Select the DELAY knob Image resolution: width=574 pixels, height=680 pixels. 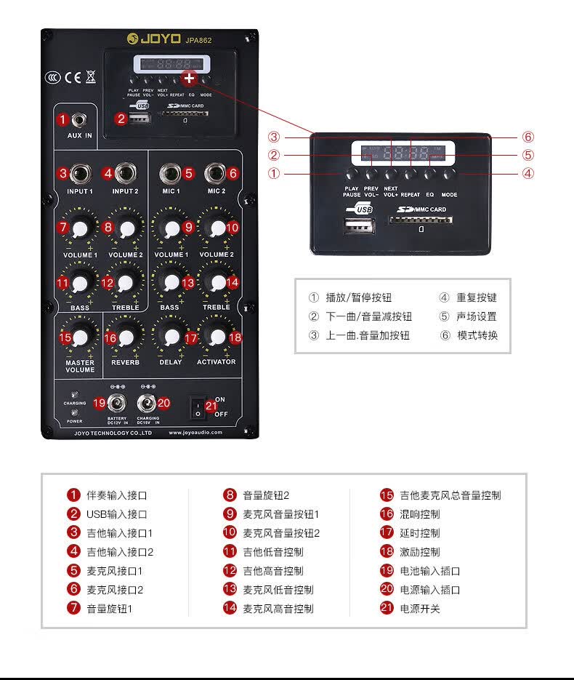171,337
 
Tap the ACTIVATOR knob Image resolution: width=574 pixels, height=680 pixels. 216,337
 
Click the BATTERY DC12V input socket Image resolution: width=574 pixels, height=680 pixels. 117,403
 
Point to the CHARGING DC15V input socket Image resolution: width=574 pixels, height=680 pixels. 148,404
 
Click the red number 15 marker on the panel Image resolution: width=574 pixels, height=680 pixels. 65,337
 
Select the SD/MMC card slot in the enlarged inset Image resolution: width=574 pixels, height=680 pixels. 421,220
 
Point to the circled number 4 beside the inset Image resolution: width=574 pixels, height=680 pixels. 528,174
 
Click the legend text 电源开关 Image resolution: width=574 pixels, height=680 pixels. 420,609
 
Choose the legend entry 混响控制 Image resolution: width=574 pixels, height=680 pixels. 420,514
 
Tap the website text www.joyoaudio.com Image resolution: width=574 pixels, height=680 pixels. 196,432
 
